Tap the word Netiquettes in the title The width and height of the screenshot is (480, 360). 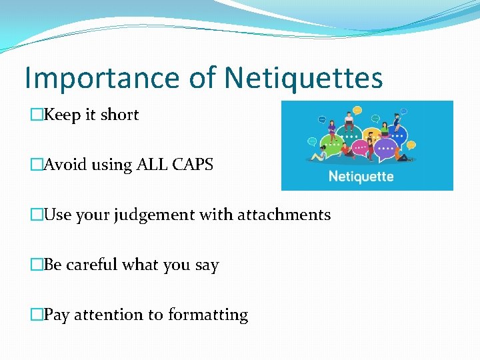303,78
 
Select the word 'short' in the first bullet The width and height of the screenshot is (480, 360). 119,115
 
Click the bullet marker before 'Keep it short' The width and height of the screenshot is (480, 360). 36,115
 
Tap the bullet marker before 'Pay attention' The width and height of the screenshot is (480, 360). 36,315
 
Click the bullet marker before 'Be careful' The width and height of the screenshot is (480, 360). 36,265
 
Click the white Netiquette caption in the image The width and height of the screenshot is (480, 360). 361,177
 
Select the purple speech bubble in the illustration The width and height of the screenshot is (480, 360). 386,148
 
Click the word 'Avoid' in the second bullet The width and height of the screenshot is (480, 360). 61,165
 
